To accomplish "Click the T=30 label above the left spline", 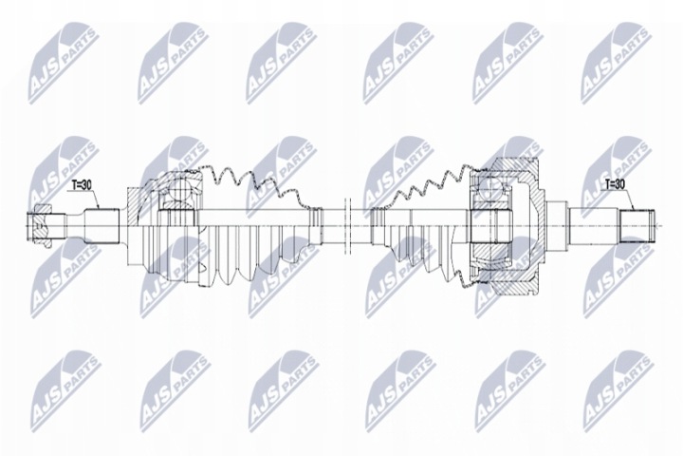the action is pos(82,185).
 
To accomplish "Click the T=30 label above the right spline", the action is pos(615,185).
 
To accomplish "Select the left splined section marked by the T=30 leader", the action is pos(102,225).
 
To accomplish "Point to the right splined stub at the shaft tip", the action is pos(637,225).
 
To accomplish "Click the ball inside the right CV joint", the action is pos(490,188).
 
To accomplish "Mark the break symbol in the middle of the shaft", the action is pos(347,225).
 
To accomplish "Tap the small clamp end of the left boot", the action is pos(316,225).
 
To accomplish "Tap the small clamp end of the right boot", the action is pos(378,225).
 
